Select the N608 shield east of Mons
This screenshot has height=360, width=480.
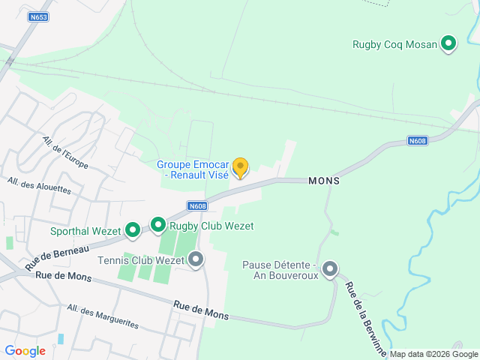pyautogui.click(x=418, y=140)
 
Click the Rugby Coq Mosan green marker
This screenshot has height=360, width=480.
pyautogui.click(x=448, y=44)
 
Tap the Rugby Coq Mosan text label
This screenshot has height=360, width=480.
pyautogui.click(x=394, y=44)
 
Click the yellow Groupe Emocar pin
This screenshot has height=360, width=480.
pyautogui.click(x=240, y=167)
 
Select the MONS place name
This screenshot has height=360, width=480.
pyautogui.click(x=323, y=181)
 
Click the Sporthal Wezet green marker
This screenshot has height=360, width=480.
pyautogui.click(x=132, y=229)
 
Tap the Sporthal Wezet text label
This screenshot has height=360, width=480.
pyautogui.click(x=85, y=231)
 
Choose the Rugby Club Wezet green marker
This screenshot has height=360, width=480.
pyautogui.click(x=157, y=225)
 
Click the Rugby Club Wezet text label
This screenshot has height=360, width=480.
pyautogui.click(x=211, y=226)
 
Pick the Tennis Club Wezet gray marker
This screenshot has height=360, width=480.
pyautogui.click(x=196, y=260)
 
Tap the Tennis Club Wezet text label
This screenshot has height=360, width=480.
pyautogui.click(x=141, y=261)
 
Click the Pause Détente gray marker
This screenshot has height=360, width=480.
pyautogui.click(x=329, y=269)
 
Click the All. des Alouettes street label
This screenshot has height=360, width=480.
pyautogui.click(x=39, y=185)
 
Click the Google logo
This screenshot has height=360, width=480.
pyautogui.click(x=25, y=351)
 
